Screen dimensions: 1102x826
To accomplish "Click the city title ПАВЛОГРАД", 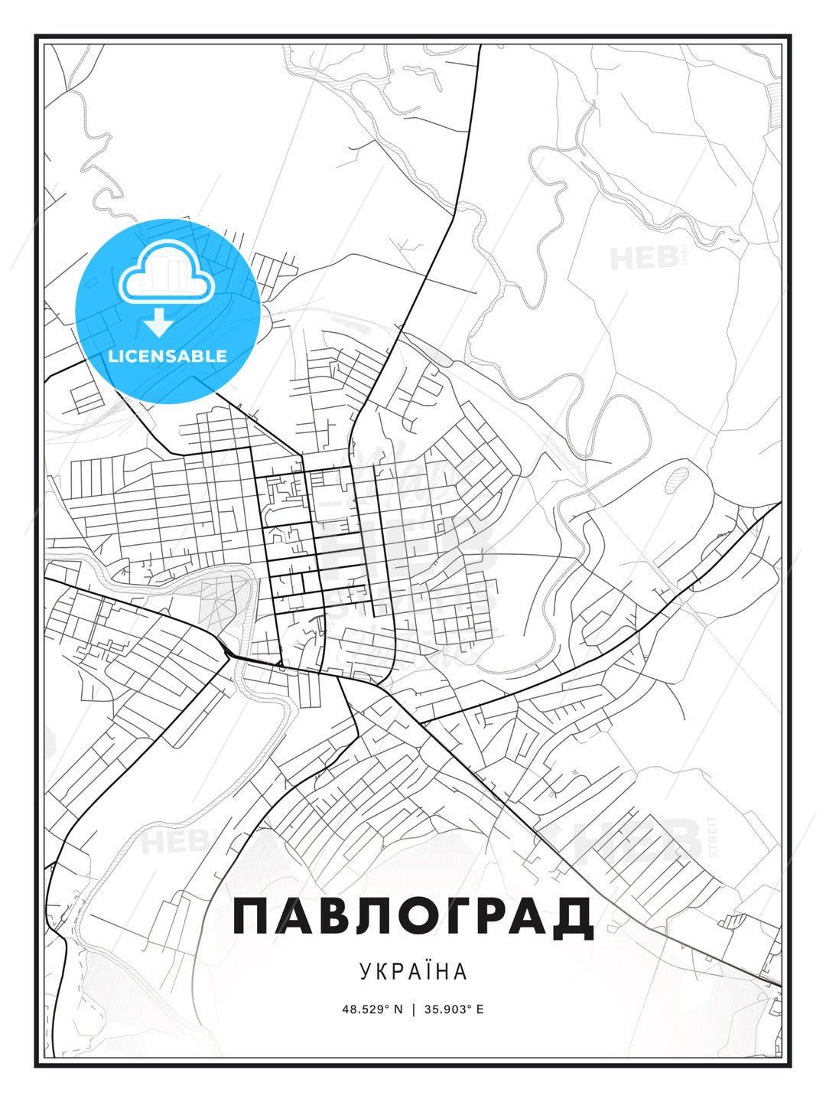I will coord(413,916).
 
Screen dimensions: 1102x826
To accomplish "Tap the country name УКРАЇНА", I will coord(413,971).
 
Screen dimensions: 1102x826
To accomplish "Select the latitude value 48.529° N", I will coord(372,1009).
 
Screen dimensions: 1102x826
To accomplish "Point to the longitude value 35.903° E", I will coord(454,1009).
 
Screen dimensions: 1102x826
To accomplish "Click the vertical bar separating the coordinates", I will coord(413,1009).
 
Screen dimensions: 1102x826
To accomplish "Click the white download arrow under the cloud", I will coord(159,323).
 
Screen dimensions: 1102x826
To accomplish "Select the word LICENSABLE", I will coord(167,356).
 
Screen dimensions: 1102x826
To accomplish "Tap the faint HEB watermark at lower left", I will coord(164,842).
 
